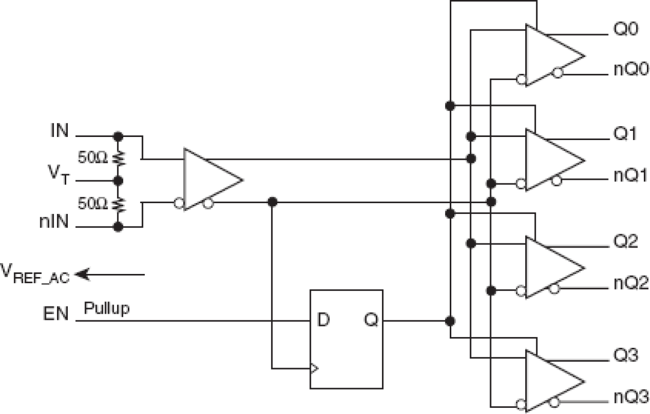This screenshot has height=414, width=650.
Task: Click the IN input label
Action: tap(59, 131)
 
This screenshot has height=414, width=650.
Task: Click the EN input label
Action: tap(55, 314)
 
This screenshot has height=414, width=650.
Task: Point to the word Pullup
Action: tap(107, 309)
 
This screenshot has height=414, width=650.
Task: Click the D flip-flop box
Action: tap(346, 339)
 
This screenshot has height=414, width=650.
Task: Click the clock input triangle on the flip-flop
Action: tap(314, 369)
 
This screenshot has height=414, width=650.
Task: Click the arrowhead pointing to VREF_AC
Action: tap(83, 274)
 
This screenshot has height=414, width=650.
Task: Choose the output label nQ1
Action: tap(631, 176)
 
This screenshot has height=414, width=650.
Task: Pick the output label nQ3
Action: tap(631, 397)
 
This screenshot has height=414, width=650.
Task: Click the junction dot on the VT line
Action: tap(119, 181)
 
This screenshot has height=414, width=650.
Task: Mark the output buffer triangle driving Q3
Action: tap(551, 380)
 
